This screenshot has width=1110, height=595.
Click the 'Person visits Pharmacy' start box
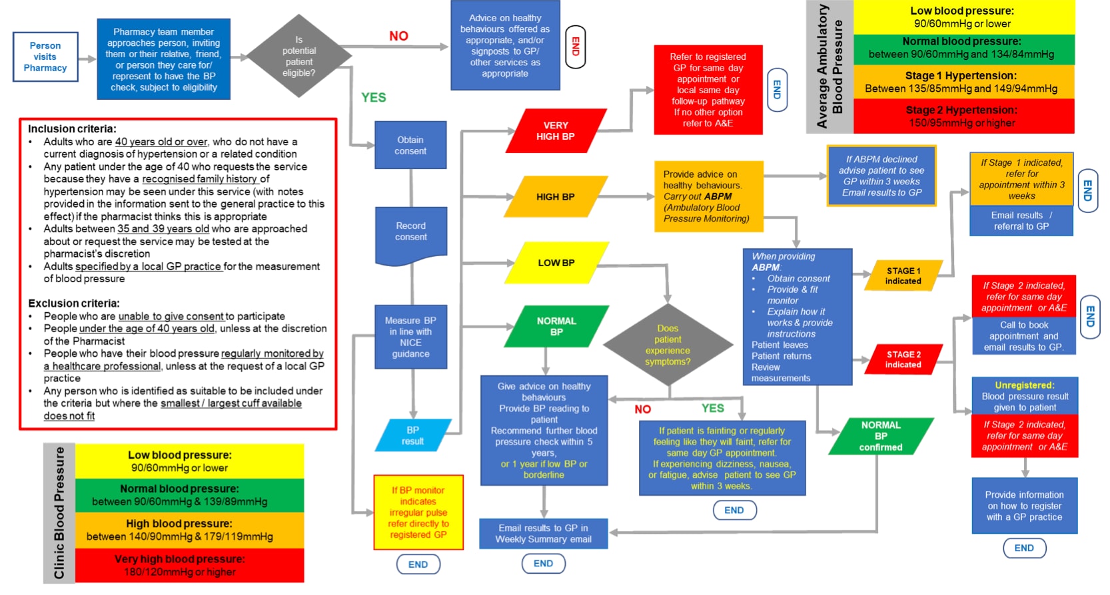tap(45, 57)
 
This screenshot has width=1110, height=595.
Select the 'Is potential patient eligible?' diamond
tap(298, 57)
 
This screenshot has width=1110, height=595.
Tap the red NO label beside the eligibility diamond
tap(398, 36)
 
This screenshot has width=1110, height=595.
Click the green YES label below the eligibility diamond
tap(373, 97)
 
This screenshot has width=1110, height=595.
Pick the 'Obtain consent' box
tap(410, 145)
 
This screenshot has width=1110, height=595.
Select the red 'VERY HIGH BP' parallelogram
tap(556, 131)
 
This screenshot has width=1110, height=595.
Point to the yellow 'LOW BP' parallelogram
tap(556, 263)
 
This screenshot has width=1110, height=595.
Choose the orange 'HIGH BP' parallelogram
tap(556, 197)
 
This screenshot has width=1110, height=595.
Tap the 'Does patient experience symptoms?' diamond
tap(668, 345)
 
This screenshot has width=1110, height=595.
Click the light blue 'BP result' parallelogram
tap(412, 435)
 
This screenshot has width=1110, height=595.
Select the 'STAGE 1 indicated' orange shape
tap(903, 276)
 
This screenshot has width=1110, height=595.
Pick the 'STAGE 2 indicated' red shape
tap(903, 359)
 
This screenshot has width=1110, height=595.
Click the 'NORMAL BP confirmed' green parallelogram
tap(880, 436)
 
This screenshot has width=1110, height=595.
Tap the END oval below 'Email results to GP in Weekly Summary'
tap(543, 563)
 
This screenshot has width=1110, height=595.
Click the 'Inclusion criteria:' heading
tap(72, 128)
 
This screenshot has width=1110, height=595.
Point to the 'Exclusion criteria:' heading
tap(73, 303)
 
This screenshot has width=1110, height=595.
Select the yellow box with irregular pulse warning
tap(418, 512)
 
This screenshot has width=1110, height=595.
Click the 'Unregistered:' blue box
tap(1024, 396)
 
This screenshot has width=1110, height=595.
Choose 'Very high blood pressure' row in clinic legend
tap(180, 565)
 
